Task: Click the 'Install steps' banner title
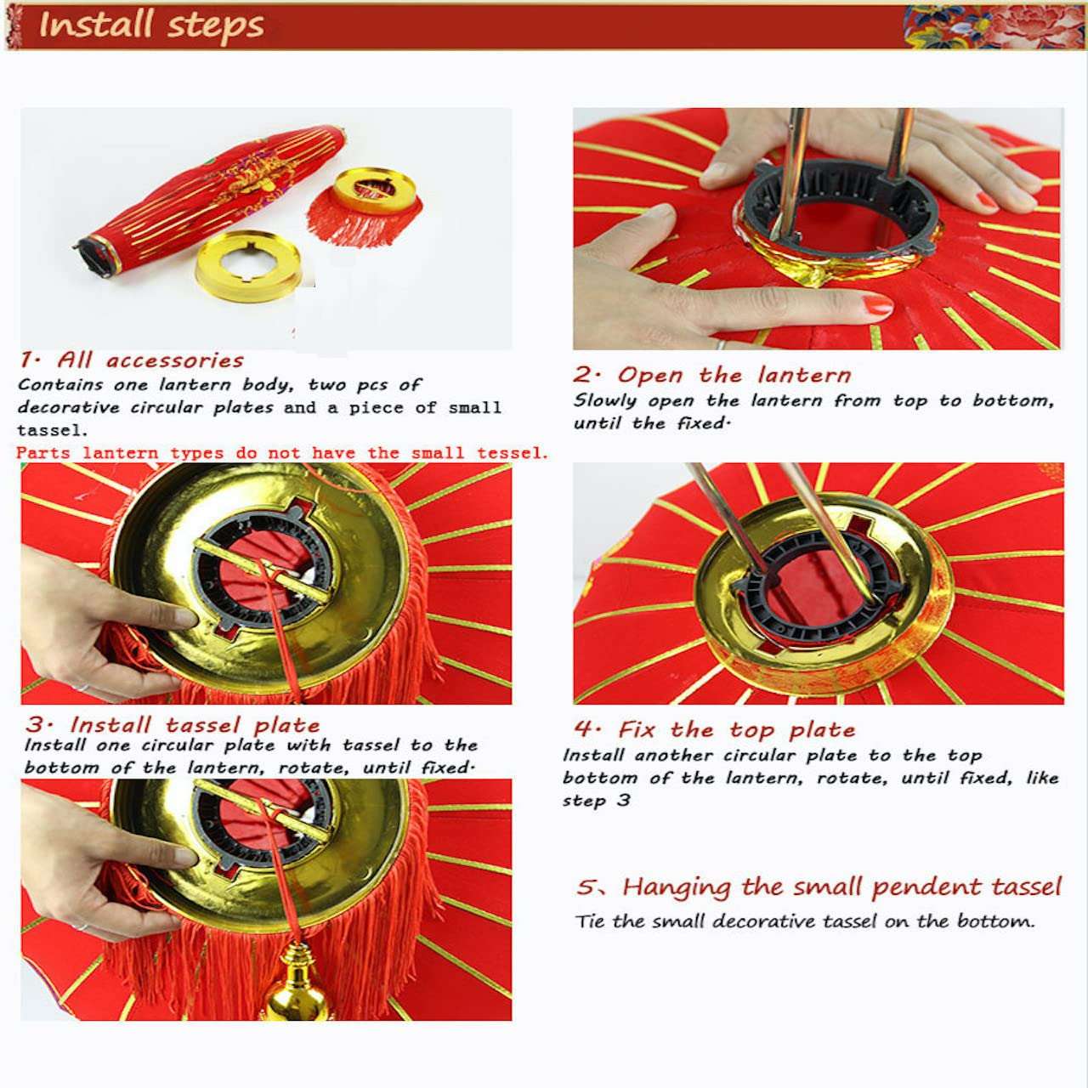[151, 25]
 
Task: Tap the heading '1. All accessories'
[132, 360]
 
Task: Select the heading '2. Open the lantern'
[711, 375]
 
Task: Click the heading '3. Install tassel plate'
[173, 725]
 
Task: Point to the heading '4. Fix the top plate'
[714, 730]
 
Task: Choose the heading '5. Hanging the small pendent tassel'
[819, 887]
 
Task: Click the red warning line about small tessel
[282, 453]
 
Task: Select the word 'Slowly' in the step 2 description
[605, 400]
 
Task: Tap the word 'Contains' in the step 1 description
[59, 385]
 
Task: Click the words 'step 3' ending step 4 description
[596, 801]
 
